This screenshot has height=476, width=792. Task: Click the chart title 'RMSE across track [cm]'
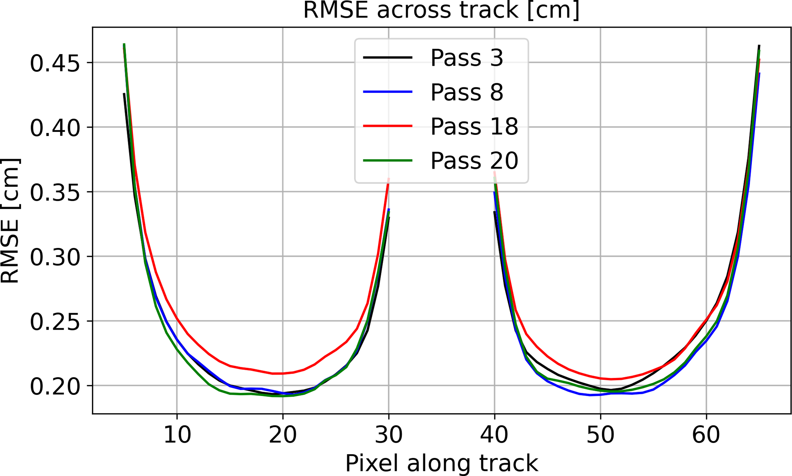[x=441, y=10]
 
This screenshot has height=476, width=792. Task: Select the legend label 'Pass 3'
[x=467, y=58]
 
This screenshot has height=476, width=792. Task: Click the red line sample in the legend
[x=387, y=126]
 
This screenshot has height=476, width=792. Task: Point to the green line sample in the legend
[x=387, y=160]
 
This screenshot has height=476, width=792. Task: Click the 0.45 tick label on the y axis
[x=55, y=63]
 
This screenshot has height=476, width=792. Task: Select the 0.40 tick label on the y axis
[x=55, y=128]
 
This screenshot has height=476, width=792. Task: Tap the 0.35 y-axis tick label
[x=55, y=192]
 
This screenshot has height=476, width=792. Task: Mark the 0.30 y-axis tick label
[x=55, y=257]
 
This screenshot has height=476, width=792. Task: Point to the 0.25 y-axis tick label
[x=55, y=321]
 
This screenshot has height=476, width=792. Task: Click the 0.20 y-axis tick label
[x=55, y=386]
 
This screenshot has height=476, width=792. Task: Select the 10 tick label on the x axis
[x=177, y=435]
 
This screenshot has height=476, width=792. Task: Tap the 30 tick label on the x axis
[x=389, y=435]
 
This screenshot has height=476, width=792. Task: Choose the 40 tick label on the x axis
[x=495, y=435]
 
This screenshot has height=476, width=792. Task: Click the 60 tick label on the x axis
[x=706, y=435]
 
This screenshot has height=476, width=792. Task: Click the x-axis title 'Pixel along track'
[x=441, y=463]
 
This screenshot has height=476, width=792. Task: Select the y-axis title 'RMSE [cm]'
[x=10, y=220]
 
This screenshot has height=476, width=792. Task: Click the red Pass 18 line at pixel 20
[x=283, y=373]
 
